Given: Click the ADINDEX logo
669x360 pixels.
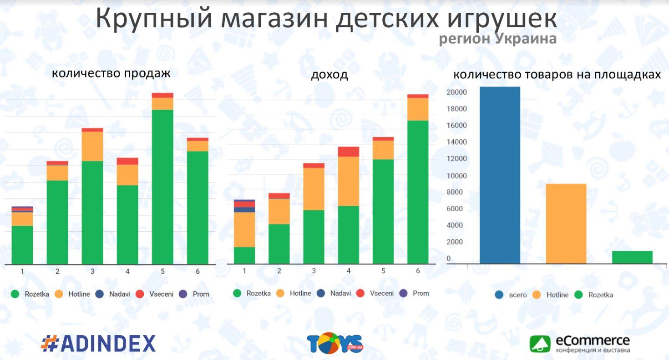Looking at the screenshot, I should point(98,344).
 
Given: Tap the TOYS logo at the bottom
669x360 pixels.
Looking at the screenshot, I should point(334,344).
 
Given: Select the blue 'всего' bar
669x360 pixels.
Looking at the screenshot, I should point(500,175).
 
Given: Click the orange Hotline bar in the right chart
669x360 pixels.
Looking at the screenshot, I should point(566,223).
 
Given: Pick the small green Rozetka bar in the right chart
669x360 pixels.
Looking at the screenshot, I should point(632,257).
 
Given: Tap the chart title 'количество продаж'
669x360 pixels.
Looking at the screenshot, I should point(111,73).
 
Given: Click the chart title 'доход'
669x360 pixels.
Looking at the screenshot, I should point(329,75).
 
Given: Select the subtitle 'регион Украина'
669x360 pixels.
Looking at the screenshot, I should point(497,39).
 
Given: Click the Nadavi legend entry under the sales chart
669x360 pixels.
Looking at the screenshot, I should point(114,294).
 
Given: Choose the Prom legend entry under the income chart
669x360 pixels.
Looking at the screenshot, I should point(415,293).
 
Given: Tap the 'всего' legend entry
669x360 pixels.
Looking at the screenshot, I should point(512,295).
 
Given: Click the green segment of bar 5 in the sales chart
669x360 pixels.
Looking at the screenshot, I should point(162,187).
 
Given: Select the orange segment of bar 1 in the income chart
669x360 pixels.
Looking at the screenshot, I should point(244,229).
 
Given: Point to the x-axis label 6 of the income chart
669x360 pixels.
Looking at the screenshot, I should point(418,271).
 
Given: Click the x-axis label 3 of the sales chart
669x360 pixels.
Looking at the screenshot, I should point(92,271).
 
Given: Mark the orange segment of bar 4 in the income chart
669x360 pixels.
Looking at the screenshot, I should point(349,181).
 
